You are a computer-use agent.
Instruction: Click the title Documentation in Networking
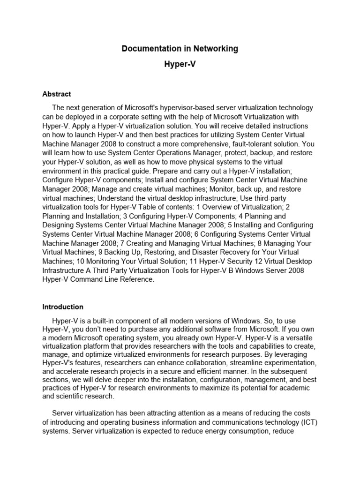(x=180, y=48)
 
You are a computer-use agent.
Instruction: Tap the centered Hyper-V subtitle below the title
(x=180, y=65)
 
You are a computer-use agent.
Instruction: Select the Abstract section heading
(x=57, y=94)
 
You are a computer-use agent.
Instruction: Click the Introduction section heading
(x=63, y=307)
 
